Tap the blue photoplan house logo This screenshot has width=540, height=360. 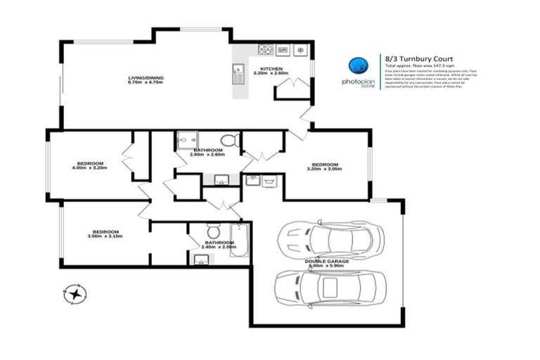[x=358, y=66]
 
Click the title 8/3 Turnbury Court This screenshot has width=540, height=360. [x=420, y=58]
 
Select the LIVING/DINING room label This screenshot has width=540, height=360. [x=145, y=80]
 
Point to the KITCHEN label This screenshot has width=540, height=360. [x=271, y=70]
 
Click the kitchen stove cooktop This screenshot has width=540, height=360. [x=266, y=49]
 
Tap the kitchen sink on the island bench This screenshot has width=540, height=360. [x=239, y=71]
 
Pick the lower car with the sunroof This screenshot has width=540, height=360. [x=330, y=286]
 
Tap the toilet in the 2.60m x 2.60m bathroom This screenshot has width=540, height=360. [x=229, y=140]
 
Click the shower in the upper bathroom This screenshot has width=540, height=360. [x=186, y=141]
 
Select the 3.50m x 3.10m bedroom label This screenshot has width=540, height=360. [x=105, y=234]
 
